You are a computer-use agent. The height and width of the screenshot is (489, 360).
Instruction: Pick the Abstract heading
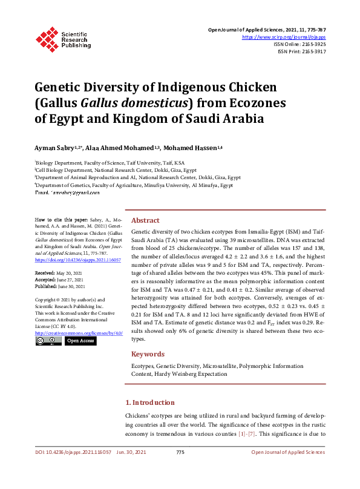pos(145,221)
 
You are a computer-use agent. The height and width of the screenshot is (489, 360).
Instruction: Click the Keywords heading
pos(148,354)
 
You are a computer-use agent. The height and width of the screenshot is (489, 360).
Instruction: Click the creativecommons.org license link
pos(79,333)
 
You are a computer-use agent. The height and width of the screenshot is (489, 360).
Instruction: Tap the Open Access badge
pos(80,341)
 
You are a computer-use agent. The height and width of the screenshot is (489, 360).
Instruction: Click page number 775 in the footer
pos(180,453)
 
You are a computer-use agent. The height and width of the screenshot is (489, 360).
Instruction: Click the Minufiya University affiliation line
pos(134,185)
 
